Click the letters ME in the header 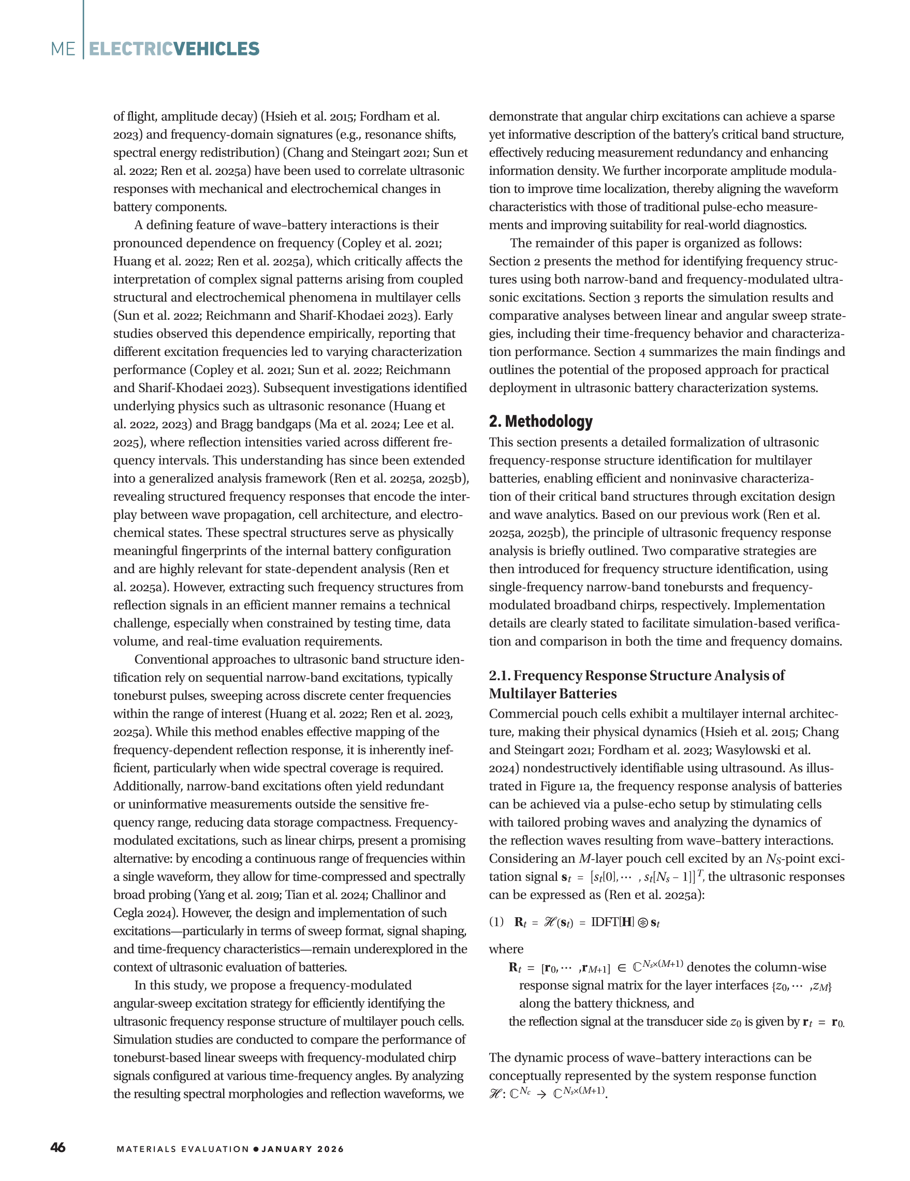click(63, 49)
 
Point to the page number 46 click(58, 1148)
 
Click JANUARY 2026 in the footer click(302, 1149)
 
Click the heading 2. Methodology click(540, 421)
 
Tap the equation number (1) click(496, 921)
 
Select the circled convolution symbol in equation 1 click(643, 922)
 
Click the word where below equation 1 click(506, 949)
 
